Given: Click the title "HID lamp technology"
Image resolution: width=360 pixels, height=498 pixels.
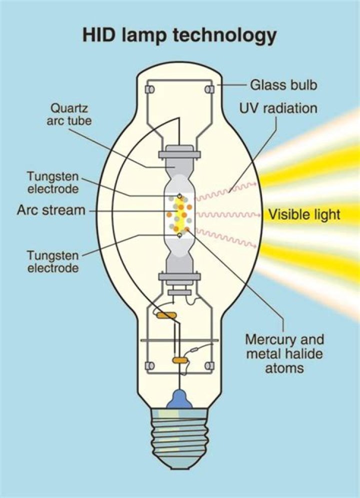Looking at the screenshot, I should [179, 36].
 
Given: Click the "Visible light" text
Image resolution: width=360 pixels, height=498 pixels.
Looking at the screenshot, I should [304, 215].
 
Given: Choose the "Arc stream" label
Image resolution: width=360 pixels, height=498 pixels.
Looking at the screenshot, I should [51, 210].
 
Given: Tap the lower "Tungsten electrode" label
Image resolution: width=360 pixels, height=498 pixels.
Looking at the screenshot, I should [53, 261].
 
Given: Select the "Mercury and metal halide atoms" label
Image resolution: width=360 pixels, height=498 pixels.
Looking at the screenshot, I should [284, 354].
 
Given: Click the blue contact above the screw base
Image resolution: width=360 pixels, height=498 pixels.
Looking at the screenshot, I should [180, 399].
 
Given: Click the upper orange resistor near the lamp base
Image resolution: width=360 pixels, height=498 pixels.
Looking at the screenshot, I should [165, 315].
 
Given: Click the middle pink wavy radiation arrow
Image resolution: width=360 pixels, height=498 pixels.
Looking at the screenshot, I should [227, 215].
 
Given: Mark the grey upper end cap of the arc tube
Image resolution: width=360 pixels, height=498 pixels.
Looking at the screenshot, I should [179, 151].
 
